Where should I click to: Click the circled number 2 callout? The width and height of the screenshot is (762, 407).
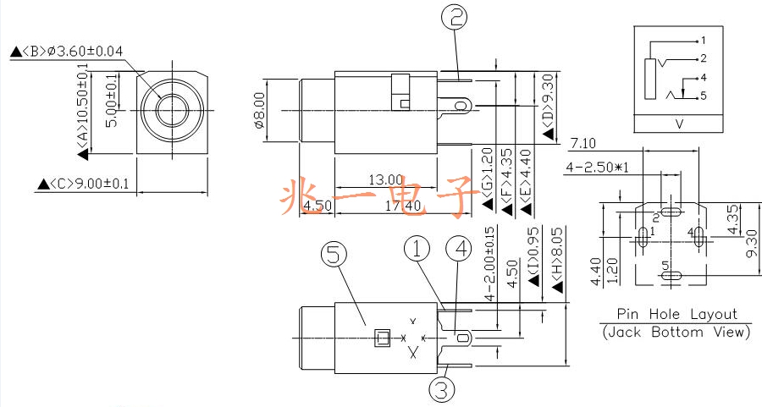click(454, 17)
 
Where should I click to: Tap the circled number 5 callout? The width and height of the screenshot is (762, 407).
click(334, 255)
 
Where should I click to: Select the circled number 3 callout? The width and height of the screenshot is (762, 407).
click(442, 389)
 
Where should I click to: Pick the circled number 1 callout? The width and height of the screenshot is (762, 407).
click(417, 249)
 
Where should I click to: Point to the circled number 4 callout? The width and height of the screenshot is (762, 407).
click(458, 249)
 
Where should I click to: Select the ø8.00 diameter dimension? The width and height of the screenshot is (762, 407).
click(260, 110)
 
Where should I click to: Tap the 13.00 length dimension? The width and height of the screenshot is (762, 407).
click(386, 179)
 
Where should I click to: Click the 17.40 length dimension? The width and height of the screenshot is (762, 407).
click(403, 206)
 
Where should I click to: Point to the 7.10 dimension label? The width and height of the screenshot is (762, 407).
click(583, 143)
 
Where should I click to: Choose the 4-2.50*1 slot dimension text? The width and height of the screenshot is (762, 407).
click(597, 168)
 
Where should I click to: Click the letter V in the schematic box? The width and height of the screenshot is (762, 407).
click(679, 124)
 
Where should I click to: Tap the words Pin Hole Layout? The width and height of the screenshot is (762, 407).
click(677, 314)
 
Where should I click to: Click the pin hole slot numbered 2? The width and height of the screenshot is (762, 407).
click(671, 212)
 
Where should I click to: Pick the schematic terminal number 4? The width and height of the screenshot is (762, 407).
click(704, 78)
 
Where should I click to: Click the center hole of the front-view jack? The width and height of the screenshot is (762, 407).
click(173, 111)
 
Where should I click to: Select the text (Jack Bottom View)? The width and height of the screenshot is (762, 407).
click(676, 333)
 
